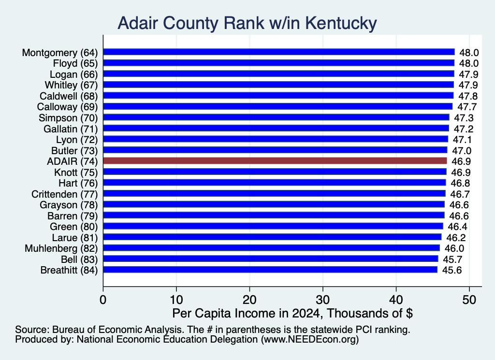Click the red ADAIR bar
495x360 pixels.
coord(275,161)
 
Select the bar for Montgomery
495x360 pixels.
coord(279,52)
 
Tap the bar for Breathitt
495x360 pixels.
coord(270,270)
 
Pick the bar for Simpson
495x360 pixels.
coord(276,117)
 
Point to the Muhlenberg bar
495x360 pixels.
coord(272,248)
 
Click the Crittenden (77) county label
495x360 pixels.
coord(65,194)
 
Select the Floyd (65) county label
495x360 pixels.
coord(75,63)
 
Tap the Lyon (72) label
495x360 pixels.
coord(77,140)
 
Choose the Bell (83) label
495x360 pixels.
coord(80,259)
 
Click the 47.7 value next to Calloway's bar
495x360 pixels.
coord(467,107)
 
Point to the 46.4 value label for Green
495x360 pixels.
coord(457,227)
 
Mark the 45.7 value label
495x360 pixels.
coord(452,259)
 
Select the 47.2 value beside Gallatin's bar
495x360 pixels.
coord(464,129)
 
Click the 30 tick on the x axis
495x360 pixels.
coord(323,300)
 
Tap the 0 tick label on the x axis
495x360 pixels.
coord(103,300)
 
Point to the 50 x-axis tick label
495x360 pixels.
coord(469,300)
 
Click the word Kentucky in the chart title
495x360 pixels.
coord(341,23)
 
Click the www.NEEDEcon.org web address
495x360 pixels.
coord(310,339)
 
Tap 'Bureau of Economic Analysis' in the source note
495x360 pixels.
coord(118,330)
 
